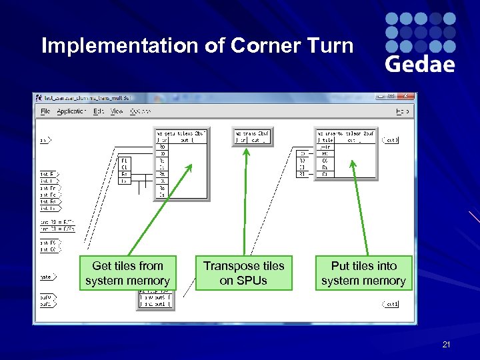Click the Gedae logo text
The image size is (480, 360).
pyautogui.click(x=420, y=64)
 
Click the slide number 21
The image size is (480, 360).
pyautogui.click(x=447, y=345)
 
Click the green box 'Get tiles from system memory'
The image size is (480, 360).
pyautogui.click(x=127, y=273)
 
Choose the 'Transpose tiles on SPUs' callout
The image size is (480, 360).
pyautogui.click(x=243, y=273)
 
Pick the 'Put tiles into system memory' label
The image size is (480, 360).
pyautogui.click(x=363, y=273)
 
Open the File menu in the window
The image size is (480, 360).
pyautogui.click(x=45, y=111)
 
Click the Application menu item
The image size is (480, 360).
pyautogui.click(x=71, y=111)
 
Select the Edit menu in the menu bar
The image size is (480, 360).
pyautogui.click(x=99, y=111)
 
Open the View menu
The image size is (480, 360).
pyautogui.click(x=117, y=111)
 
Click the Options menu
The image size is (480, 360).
pyautogui.click(x=139, y=111)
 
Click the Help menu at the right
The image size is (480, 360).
pyautogui.click(x=402, y=111)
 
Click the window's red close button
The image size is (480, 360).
pyautogui.click(x=407, y=97)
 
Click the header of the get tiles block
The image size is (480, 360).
pyautogui.click(x=181, y=133)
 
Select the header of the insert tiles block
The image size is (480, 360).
pyautogui.click(x=346, y=133)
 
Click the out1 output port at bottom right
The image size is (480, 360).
pyautogui.click(x=390, y=304)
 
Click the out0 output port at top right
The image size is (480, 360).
pyautogui.click(x=390, y=140)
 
